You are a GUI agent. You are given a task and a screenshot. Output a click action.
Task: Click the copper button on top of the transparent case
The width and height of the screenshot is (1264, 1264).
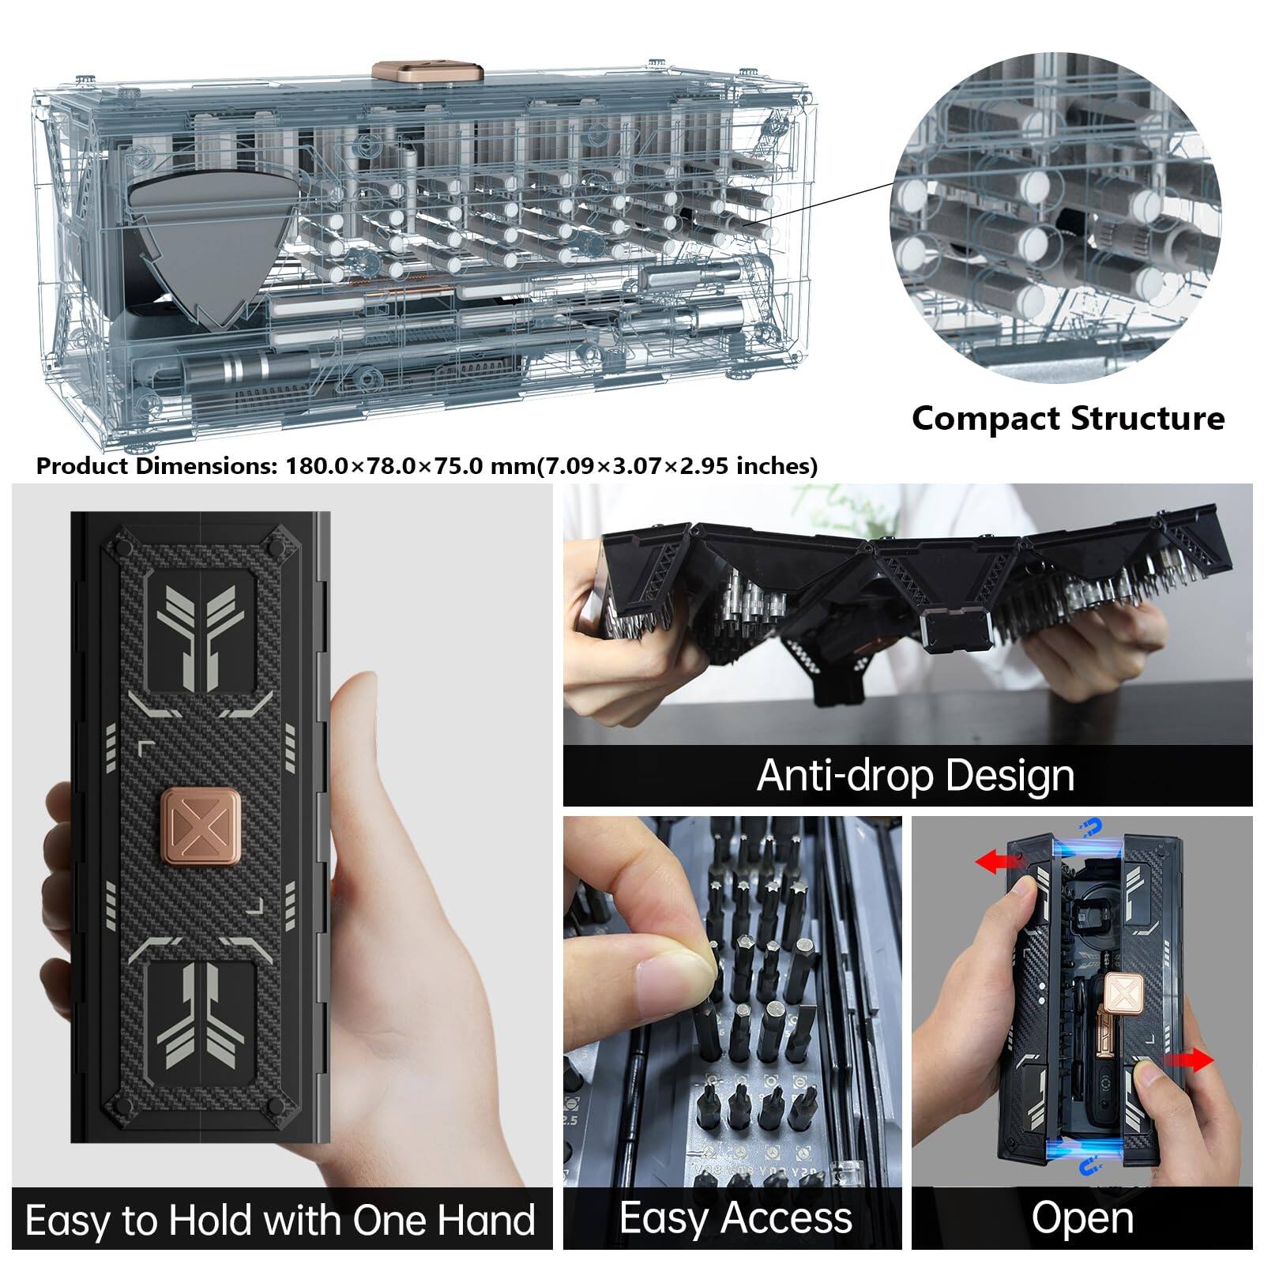pos(427,72)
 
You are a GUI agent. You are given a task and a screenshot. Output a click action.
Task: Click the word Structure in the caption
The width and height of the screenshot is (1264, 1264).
pos(1148,418)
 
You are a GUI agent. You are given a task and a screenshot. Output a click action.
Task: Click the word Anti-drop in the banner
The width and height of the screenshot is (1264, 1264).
pos(845,775)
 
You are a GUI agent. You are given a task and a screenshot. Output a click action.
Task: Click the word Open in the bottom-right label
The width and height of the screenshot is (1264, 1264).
pos(1082,1217)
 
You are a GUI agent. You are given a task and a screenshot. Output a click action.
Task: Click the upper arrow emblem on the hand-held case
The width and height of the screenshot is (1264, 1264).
pos(200,632)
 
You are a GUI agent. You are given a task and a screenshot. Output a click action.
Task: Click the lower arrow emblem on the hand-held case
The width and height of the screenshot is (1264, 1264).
pos(200,1019)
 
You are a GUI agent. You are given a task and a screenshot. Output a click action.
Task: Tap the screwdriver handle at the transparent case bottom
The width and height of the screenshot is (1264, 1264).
pos(237,368)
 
